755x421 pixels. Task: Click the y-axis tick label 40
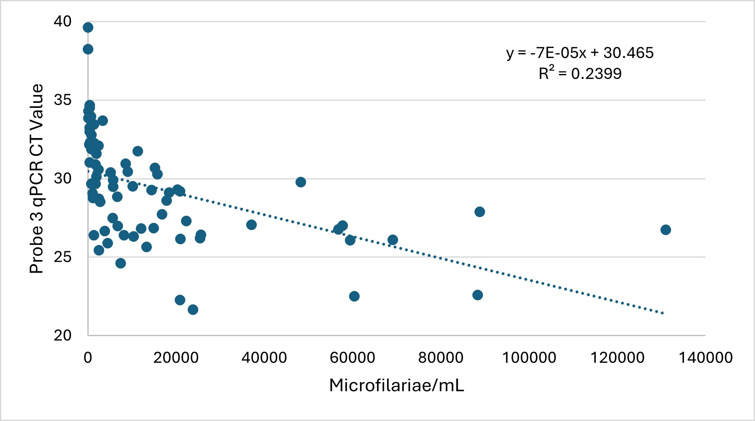coord(63,21)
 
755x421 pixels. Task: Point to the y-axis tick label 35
coord(63,100)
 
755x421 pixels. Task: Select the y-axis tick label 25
coord(63,257)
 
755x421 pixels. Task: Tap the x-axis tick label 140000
coord(705,358)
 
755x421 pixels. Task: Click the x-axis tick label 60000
coord(352,358)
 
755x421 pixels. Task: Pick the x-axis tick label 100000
coord(529,358)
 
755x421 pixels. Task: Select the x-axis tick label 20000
coord(176,358)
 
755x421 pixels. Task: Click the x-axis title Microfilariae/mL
coord(396,385)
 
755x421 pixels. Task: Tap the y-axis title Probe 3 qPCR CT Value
coord(37,179)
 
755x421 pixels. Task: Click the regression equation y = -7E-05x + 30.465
coord(580,53)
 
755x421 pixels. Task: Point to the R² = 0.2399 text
coord(580,74)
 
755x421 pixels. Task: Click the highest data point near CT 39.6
coord(88,28)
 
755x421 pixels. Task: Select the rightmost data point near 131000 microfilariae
coord(666,230)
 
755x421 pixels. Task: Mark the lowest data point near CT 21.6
coord(193,309)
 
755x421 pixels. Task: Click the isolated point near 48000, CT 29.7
coord(301,182)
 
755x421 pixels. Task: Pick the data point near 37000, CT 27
coord(251,225)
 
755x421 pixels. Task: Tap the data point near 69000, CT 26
coord(393,240)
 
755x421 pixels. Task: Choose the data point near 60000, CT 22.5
coord(354,296)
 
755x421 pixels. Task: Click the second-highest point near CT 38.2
coord(88,49)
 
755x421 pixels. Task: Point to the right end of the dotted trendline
coord(663,313)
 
